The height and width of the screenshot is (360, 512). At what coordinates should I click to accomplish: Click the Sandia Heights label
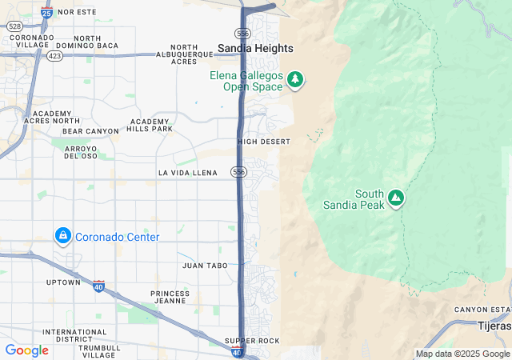pyautogui.click(x=255, y=48)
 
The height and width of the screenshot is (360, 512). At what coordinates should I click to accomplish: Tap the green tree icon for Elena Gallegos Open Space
pyautogui.click(x=296, y=79)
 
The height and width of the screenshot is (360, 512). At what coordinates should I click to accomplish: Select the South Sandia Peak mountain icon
pyautogui.click(x=394, y=197)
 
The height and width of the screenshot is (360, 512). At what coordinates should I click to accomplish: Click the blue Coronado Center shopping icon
pyautogui.click(x=62, y=236)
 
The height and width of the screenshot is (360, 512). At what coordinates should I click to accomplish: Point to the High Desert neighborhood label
pyautogui.click(x=263, y=142)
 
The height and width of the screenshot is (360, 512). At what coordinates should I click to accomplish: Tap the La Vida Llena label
pyautogui.click(x=188, y=172)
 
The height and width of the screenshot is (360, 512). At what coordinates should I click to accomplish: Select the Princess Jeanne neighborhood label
pyautogui.click(x=170, y=298)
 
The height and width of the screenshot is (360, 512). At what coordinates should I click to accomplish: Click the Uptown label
pyautogui.click(x=62, y=282)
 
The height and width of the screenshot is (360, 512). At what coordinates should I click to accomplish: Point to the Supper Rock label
pyautogui.click(x=252, y=341)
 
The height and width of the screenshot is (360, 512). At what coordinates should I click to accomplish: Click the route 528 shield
pyautogui.click(x=14, y=26)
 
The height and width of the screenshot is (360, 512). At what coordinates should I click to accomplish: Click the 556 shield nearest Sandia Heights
pyautogui.click(x=242, y=33)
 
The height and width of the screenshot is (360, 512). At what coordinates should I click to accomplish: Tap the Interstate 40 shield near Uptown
pyautogui.click(x=98, y=286)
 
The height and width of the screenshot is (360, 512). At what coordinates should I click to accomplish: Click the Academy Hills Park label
pyautogui.click(x=150, y=125)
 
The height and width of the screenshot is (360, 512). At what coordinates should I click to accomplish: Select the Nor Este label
pyautogui.click(x=77, y=13)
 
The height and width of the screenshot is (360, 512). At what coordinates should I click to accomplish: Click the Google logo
pyautogui.click(x=26, y=350)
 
